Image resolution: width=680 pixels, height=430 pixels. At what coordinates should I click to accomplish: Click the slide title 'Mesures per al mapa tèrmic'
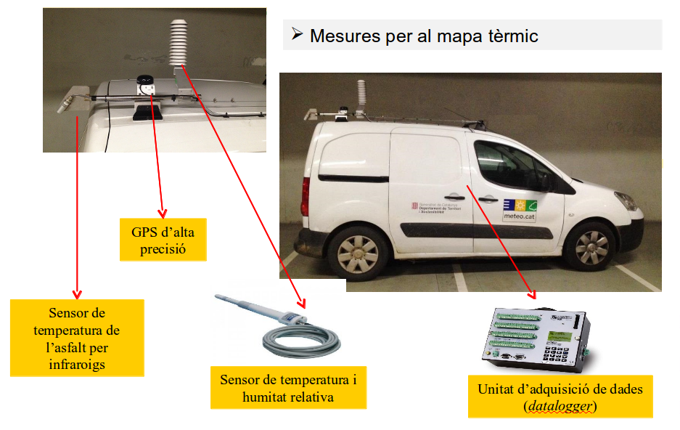coord(424,36)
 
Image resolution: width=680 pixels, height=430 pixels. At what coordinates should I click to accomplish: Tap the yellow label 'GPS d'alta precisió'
coord(163,239)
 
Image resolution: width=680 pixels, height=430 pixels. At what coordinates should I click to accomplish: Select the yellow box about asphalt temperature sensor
coord(77,338)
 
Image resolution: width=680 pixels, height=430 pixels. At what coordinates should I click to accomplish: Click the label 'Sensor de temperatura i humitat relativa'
coord(288,388)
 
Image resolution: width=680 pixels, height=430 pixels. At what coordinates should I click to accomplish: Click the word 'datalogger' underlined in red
coord(560,406)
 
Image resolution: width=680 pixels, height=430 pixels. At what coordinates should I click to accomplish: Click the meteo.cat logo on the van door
coord(520,209)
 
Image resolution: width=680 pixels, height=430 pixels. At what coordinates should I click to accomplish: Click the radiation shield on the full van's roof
coord(361,94)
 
